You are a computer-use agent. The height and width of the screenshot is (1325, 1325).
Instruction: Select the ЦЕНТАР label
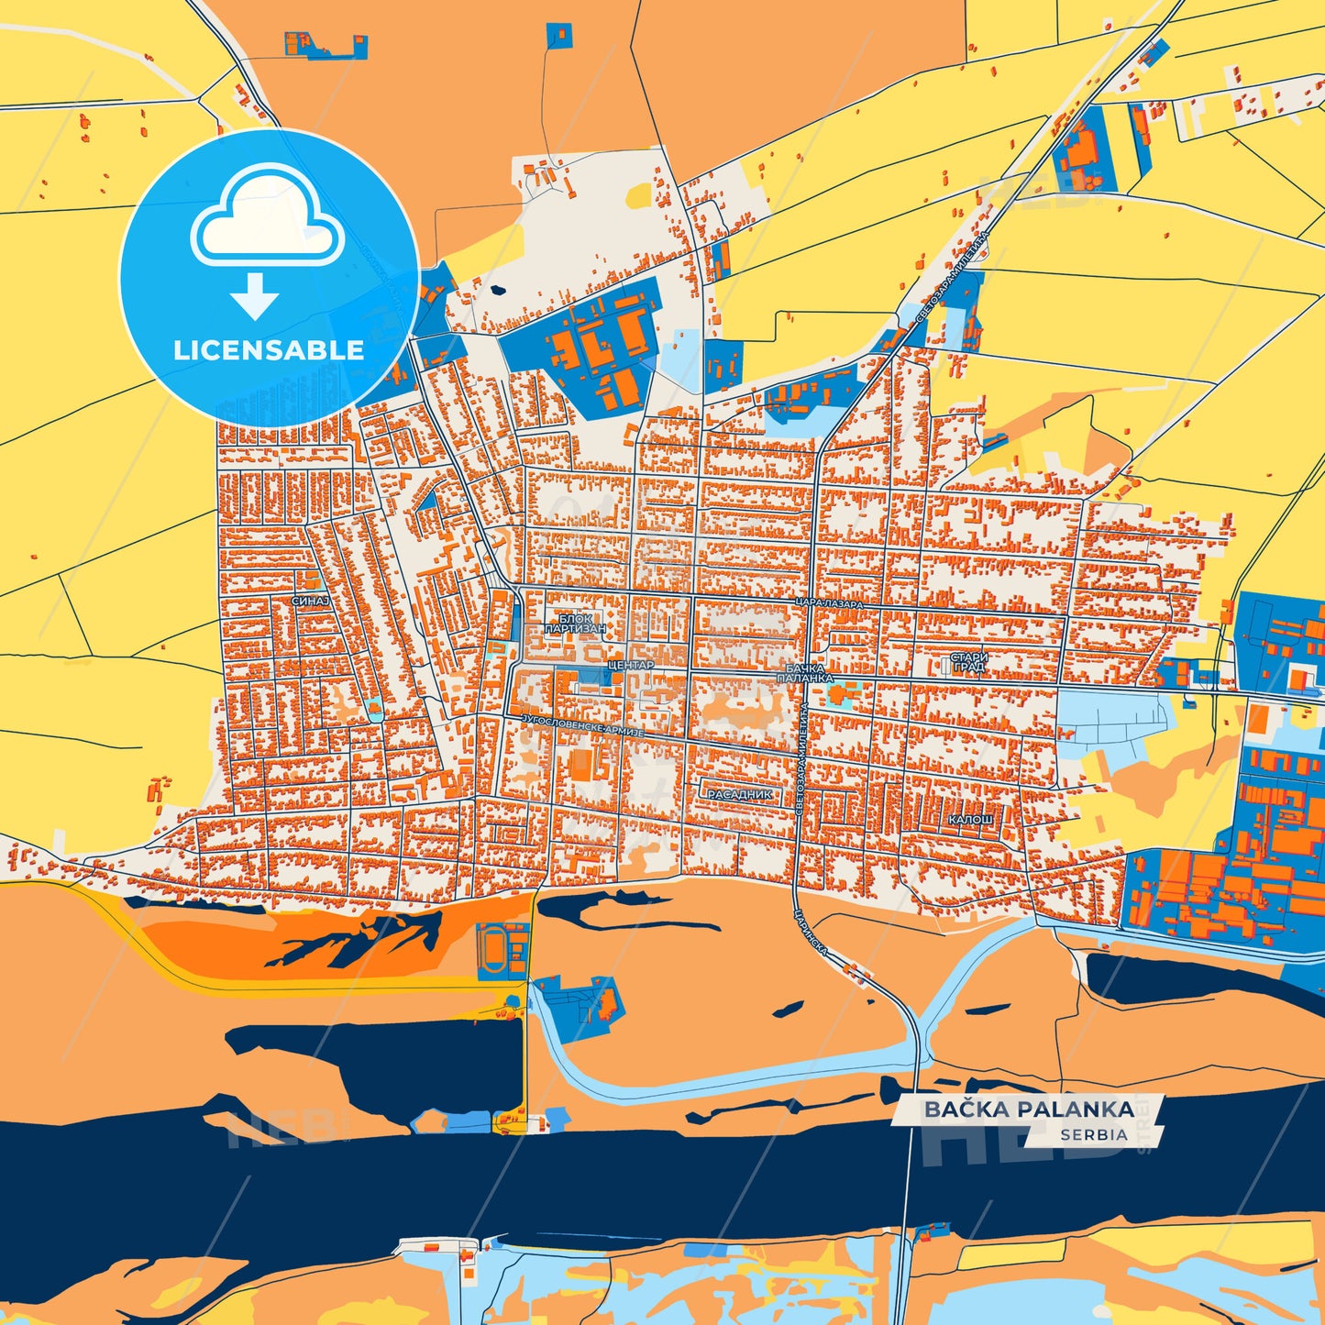point(631,664)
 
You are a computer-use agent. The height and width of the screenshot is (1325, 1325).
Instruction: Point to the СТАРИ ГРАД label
point(968,662)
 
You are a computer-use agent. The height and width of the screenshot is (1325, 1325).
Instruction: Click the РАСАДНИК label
point(741,795)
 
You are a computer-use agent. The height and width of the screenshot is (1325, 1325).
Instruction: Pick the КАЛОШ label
point(969,818)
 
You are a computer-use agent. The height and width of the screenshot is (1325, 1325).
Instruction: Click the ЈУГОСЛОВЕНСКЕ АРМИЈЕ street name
point(583,726)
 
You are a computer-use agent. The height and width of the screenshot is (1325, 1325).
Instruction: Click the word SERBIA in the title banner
point(1094,1134)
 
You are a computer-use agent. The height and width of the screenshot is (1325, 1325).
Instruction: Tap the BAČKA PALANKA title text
point(1028,1110)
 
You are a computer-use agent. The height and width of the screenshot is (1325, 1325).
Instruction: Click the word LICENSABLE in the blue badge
point(269,349)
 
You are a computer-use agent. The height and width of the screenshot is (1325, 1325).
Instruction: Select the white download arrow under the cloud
point(255,295)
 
